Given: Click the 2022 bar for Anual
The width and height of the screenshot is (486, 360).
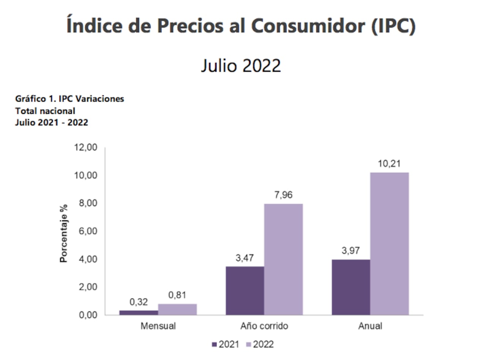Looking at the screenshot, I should pyautogui.click(x=389, y=244).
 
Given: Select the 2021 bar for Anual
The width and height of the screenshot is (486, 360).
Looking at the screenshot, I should pyautogui.click(x=351, y=287).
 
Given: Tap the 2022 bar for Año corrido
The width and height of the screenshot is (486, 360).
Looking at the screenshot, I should pyautogui.click(x=283, y=259).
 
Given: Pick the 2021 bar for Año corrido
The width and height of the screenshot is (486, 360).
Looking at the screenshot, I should pyautogui.click(x=245, y=291).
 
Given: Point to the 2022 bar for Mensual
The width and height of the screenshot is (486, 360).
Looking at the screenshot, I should pyautogui.click(x=177, y=309).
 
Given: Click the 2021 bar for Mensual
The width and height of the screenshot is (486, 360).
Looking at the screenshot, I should pyautogui.click(x=139, y=313).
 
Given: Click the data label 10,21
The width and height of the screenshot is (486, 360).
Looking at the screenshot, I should pyautogui.click(x=389, y=164).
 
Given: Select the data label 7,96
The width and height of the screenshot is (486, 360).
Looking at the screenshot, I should pyautogui.click(x=283, y=196).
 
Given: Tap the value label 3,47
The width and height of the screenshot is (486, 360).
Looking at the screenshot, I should pyautogui.click(x=245, y=258).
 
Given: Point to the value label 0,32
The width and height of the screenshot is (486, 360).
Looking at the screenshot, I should pyautogui.click(x=139, y=302).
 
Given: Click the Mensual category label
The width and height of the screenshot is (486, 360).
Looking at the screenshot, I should pyautogui.click(x=158, y=326).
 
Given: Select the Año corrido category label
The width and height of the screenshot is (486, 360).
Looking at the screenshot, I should pyautogui.click(x=264, y=326).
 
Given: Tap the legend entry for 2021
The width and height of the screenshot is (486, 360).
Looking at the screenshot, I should pyautogui.click(x=226, y=344).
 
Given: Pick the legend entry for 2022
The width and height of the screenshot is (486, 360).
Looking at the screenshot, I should pyautogui.click(x=259, y=344).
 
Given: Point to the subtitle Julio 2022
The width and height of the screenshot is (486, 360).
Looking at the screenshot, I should pyautogui.click(x=241, y=66).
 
